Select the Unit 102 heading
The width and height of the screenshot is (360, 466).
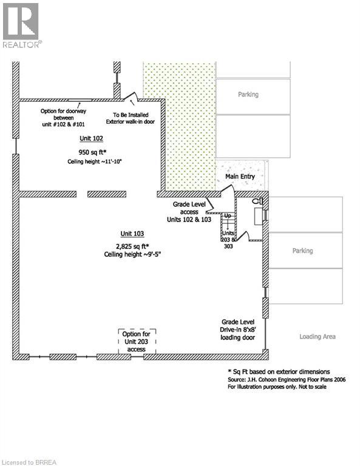coord(91,138)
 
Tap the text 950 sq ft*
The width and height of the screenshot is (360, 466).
coord(92,152)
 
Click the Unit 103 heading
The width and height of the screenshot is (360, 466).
coord(132,234)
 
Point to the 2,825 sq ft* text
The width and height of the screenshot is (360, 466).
coord(132,246)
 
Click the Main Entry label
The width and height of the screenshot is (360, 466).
coord(240,177)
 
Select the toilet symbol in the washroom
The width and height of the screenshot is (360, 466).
coord(258,201)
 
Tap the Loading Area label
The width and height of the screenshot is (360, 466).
coord(318,337)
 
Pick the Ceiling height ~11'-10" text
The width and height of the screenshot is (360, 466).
coord(95,161)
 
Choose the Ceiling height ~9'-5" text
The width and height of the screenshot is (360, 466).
coord(132,254)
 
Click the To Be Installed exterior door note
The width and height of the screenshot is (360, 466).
coord(130,118)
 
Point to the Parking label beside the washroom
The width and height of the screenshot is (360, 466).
coord(302,251)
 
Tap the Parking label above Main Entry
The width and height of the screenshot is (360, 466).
coord(248,95)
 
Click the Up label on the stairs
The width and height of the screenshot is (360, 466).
coord(228,215)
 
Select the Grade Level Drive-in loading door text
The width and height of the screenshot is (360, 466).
coord(238,329)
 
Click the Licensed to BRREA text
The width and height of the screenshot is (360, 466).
coord(29,462)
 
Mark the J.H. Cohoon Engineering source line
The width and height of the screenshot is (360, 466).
coord(287,379)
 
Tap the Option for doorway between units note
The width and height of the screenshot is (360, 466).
coord(63,118)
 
